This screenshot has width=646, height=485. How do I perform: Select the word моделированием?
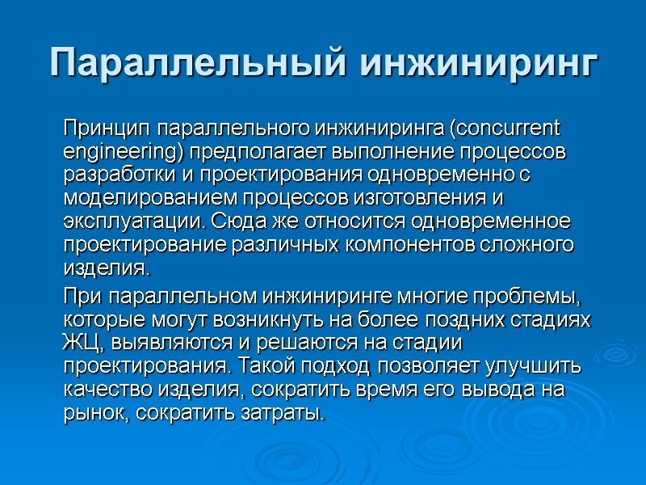click(133, 197)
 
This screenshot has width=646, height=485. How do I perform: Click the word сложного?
click(532, 243)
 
